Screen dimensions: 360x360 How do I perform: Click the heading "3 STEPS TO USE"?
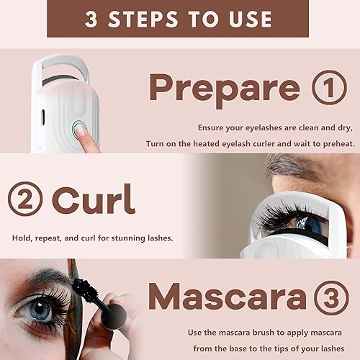coord(179,19)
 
